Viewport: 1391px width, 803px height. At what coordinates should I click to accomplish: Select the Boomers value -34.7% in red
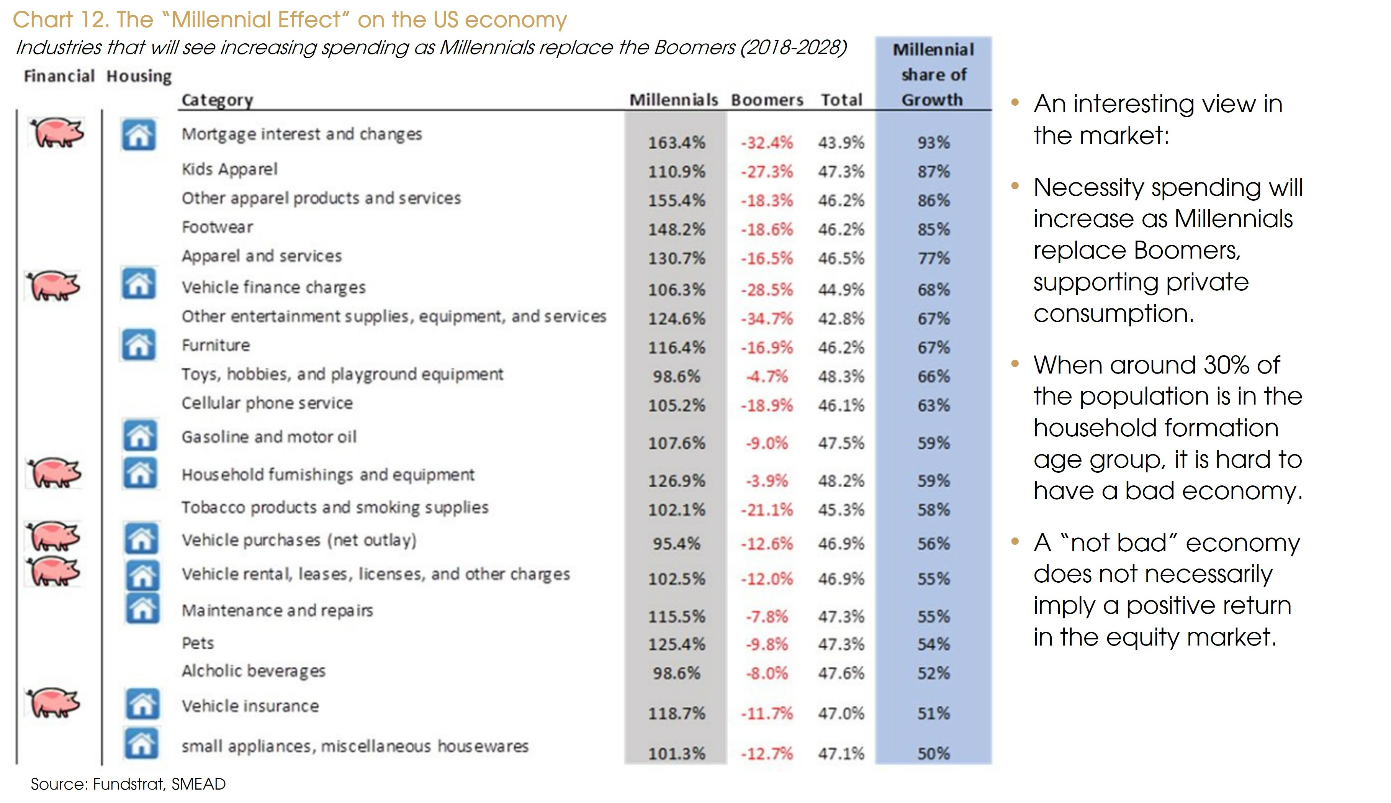pyautogui.click(x=766, y=319)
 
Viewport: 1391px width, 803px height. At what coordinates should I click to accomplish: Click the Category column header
pyautogui.click(x=217, y=100)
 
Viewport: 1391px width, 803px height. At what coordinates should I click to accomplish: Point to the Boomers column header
pyautogui.click(x=767, y=100)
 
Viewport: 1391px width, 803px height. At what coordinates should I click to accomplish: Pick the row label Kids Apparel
pyautogui.click(x=229, y=169)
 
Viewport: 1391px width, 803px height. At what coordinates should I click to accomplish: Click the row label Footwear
pyautogui.click(x=217, y=227)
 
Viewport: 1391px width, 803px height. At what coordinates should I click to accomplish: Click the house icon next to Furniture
pyautogui.click(x=138, y=345)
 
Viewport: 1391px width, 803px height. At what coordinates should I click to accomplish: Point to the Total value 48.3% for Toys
pyautogui.click(x=841, y=377)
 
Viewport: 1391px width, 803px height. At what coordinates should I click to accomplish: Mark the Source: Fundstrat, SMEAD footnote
pyautogui.click(x=128, y=784)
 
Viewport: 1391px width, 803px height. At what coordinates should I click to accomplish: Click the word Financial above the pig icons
pyautogui.click(x=59, y=76)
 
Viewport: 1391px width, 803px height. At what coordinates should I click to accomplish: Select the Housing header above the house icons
pyautogui.click(x=139, y=76)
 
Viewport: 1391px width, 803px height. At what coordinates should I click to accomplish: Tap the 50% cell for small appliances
pyautogui.click(x=933, y=753)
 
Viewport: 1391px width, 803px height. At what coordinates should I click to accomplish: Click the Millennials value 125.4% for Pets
pyautogui.click(x=676, y=644)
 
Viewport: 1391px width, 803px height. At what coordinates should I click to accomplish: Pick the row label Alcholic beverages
pyautogui.click(x=254, y=671)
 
